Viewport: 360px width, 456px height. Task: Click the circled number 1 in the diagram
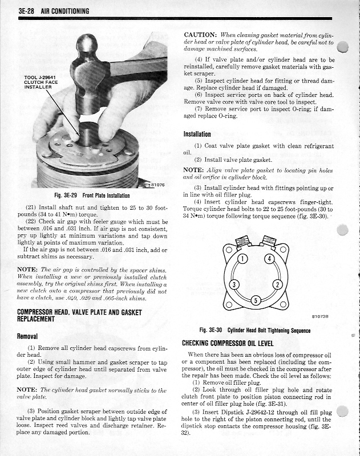pos(242,260)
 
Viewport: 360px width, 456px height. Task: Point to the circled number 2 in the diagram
pos(277,284)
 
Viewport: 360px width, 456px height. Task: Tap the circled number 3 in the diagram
pos(233,284)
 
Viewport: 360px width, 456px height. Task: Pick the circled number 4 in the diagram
pos(268,260)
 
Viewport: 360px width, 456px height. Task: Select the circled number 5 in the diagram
pos(256,300)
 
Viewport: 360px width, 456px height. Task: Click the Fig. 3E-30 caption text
pos(254,330)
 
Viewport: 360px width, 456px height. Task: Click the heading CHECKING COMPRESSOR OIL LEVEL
pos(228,343)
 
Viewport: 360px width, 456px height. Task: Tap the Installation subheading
pos(197,135)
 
